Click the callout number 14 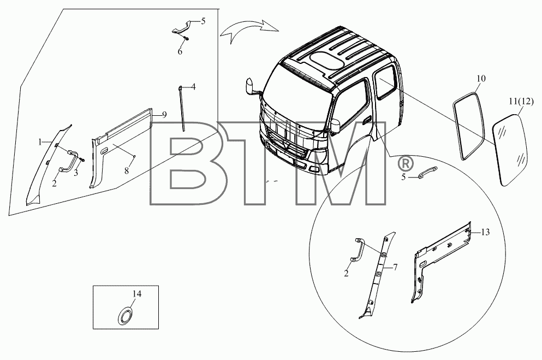[137, 293]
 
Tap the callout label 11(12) [521, 101]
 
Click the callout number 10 [481, 79]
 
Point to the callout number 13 [485, 232]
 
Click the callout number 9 [164, 115]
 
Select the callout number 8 [127, 170]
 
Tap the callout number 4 [194, 86]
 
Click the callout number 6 [180, 52]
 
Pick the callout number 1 [40, 142]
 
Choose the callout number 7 [395, 267]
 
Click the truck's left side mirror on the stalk [249, 86]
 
